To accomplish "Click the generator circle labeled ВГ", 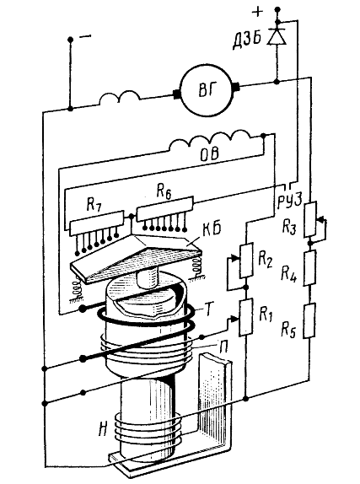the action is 207,90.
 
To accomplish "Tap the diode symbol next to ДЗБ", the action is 277,36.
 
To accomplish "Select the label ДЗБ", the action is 247,40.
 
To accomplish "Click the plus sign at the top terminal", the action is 257,12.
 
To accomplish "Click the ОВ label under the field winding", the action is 210,153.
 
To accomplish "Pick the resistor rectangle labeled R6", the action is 165,208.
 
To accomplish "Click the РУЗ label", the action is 289,201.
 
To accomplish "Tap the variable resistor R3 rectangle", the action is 310,219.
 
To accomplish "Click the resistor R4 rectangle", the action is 309,267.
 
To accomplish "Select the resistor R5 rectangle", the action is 309,320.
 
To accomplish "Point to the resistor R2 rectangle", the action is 247,260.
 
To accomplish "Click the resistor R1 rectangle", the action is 246,317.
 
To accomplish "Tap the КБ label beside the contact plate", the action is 212,229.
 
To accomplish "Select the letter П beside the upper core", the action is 223,347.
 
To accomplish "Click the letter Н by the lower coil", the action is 104,429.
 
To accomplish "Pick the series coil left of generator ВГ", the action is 120,98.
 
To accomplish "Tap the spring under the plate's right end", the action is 197,268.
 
